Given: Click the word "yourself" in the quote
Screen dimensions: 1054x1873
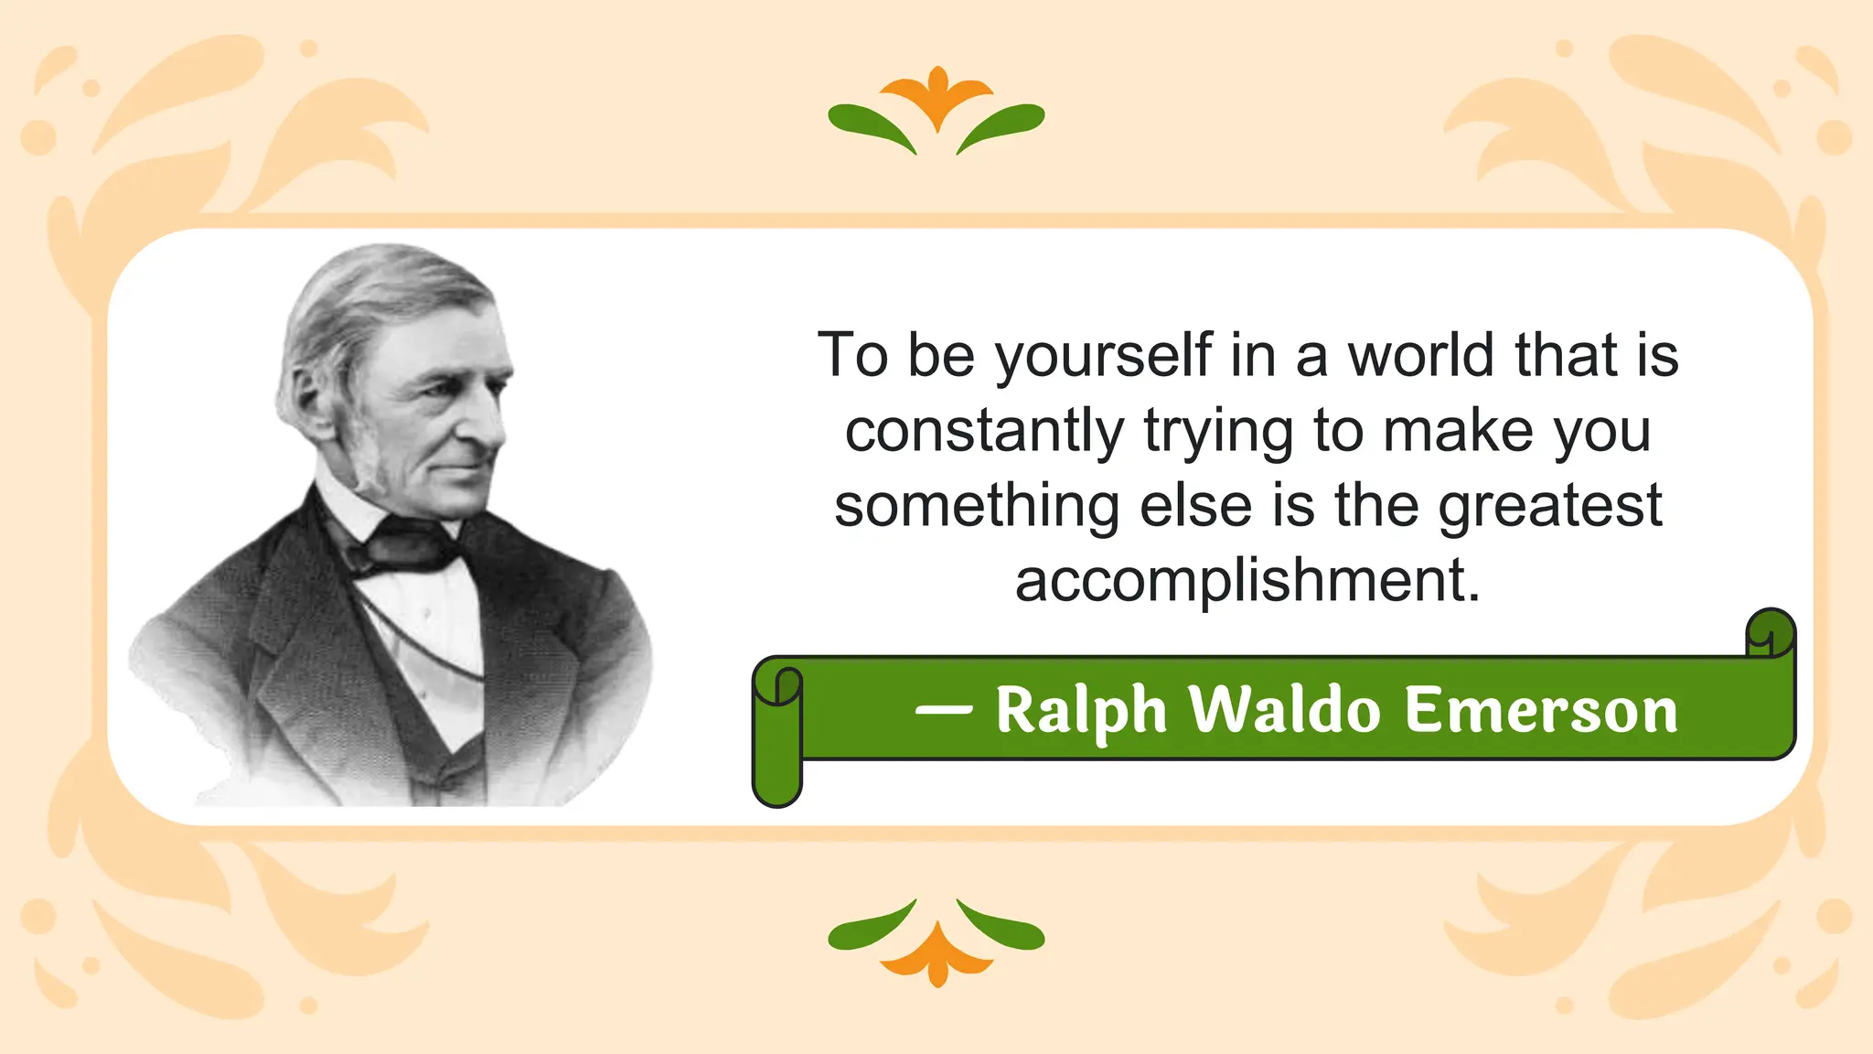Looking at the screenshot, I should pos(1103,357).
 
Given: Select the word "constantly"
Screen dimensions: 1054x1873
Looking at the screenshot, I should pos(984,431).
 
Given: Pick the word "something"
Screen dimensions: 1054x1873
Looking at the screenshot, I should pos(977,507).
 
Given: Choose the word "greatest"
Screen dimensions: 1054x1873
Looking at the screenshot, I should pos(1550,507).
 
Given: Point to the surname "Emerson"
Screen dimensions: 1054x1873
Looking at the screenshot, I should pos(1541,710).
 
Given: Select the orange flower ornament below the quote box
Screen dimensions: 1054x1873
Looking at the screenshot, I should pos(936,955).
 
